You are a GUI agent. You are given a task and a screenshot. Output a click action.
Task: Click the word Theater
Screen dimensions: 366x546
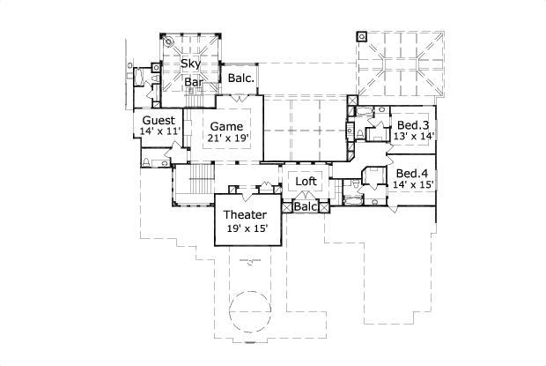[x=246, y=215]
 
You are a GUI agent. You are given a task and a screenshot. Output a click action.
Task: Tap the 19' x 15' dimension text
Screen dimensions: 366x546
[x=246, y=228]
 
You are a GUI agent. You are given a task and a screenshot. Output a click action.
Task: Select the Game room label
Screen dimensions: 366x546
[x=226, y=126]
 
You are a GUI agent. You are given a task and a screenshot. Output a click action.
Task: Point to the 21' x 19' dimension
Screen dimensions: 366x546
[x=226, y=138]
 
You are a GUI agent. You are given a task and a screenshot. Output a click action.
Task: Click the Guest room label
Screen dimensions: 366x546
[x=159, y=120]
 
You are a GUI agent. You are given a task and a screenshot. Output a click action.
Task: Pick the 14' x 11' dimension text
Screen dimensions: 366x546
[x=159, y=131]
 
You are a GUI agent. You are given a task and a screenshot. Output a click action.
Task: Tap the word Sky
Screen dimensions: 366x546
[x=189, y=64]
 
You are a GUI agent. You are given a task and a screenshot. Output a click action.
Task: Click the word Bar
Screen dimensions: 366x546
[x=195, y=82]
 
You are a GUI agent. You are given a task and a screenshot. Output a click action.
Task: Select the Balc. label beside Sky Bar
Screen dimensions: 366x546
[x=240, y=78]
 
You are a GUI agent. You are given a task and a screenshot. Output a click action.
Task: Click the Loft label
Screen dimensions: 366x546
[x=306, y=182]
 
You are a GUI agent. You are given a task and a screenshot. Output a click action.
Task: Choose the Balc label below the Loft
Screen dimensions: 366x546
[x=306, y=206]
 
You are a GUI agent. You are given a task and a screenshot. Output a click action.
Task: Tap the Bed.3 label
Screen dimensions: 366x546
[x=413, y=124]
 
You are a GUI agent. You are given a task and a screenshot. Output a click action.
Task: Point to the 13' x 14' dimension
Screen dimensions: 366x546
[x=413, y=136]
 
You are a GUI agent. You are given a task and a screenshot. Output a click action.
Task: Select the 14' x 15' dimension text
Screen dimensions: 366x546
[x=413, y=184]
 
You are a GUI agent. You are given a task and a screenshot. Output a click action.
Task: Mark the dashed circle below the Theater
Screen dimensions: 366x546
[x=252, y=312]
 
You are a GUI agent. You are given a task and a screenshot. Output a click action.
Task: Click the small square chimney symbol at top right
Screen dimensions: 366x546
[x=361, y=38]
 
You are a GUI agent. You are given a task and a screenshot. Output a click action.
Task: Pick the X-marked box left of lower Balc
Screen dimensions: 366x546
[x=285, y=206]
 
